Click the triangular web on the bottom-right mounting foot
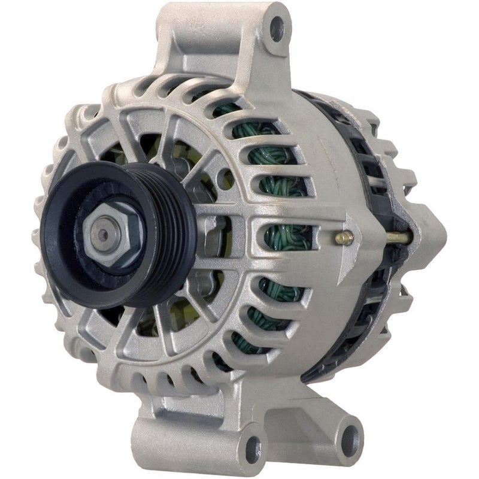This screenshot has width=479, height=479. (311, 401)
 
